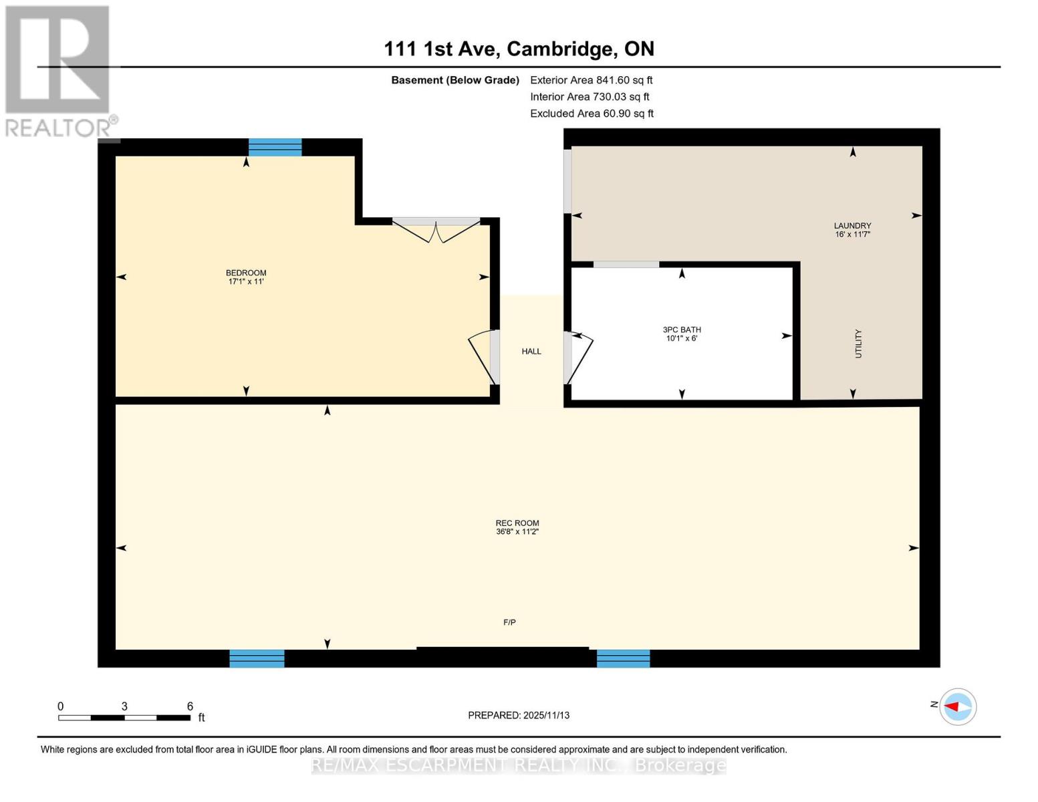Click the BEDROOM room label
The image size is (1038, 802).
point(246,273)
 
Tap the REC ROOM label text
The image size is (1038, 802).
point(517,524)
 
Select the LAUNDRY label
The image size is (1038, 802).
point(852,227)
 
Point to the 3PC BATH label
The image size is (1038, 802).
point(682,330)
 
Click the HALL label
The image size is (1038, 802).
point(531,352)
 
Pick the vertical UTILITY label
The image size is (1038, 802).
point(858,344)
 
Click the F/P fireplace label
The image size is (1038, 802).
point(509,623)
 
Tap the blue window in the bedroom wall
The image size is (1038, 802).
point(275,147)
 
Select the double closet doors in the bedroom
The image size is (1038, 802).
point(436,230)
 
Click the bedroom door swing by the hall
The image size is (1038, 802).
point(483,357)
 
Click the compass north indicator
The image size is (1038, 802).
point(957,706)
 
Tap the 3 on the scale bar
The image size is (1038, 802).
point(124,706)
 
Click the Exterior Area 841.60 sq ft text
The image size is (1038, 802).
point(591,80)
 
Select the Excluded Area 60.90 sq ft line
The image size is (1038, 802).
point(592,114)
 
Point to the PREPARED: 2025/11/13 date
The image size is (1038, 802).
point(519,716)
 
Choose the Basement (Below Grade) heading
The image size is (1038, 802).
point(455,80)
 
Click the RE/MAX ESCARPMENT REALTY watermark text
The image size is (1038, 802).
point(519,766)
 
